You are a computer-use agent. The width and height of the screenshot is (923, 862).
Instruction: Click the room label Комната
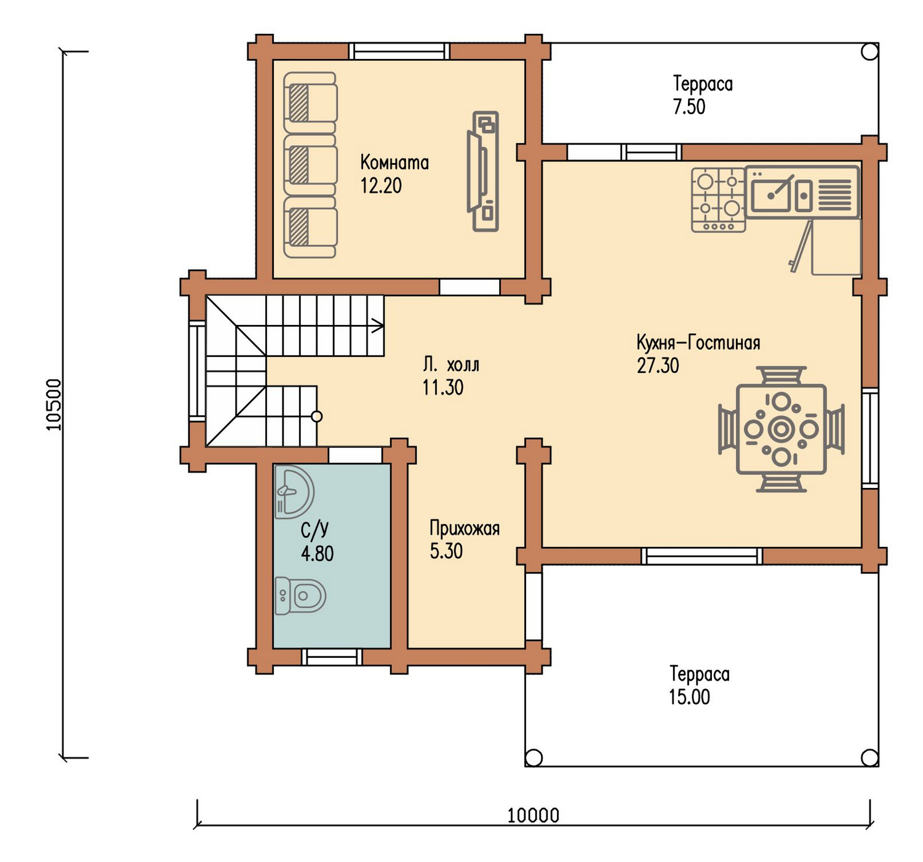click(x=394, y=162)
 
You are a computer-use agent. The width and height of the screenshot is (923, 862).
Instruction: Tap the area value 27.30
click(x=658, y=366)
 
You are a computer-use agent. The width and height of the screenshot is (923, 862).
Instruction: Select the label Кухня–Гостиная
click(x=698, y=343)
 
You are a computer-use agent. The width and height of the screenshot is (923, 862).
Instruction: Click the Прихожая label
click(x=465, y=529)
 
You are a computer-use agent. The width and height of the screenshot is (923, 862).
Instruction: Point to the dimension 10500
click(x=54, y=404)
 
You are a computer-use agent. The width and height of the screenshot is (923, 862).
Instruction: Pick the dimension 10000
click(x=533, y=815)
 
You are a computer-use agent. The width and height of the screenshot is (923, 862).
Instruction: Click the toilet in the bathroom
click(x=300, y=596)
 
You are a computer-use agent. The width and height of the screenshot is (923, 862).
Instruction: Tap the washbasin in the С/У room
click(x=294, y=492)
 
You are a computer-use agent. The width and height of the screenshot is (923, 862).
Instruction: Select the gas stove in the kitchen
click(x=719, y=200)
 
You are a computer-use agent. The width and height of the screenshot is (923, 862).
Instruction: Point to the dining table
click(x=781, y=429)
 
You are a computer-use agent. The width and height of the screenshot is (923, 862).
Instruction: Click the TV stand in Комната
click(x=483, y=171)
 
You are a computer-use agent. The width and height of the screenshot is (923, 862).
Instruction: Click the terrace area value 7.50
click(x=689, y=107)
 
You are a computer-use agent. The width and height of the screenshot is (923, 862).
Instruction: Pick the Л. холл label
click(x=451, y=365)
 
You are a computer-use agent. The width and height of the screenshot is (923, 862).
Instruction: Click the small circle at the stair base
click(x=316, y=417)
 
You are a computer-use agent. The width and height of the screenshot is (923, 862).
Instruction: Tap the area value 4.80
click(x=317, y=554)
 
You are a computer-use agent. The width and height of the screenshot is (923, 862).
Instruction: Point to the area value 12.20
click(x=381, y=186)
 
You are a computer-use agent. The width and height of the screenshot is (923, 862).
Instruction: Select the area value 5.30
click(x=446, y=551)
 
